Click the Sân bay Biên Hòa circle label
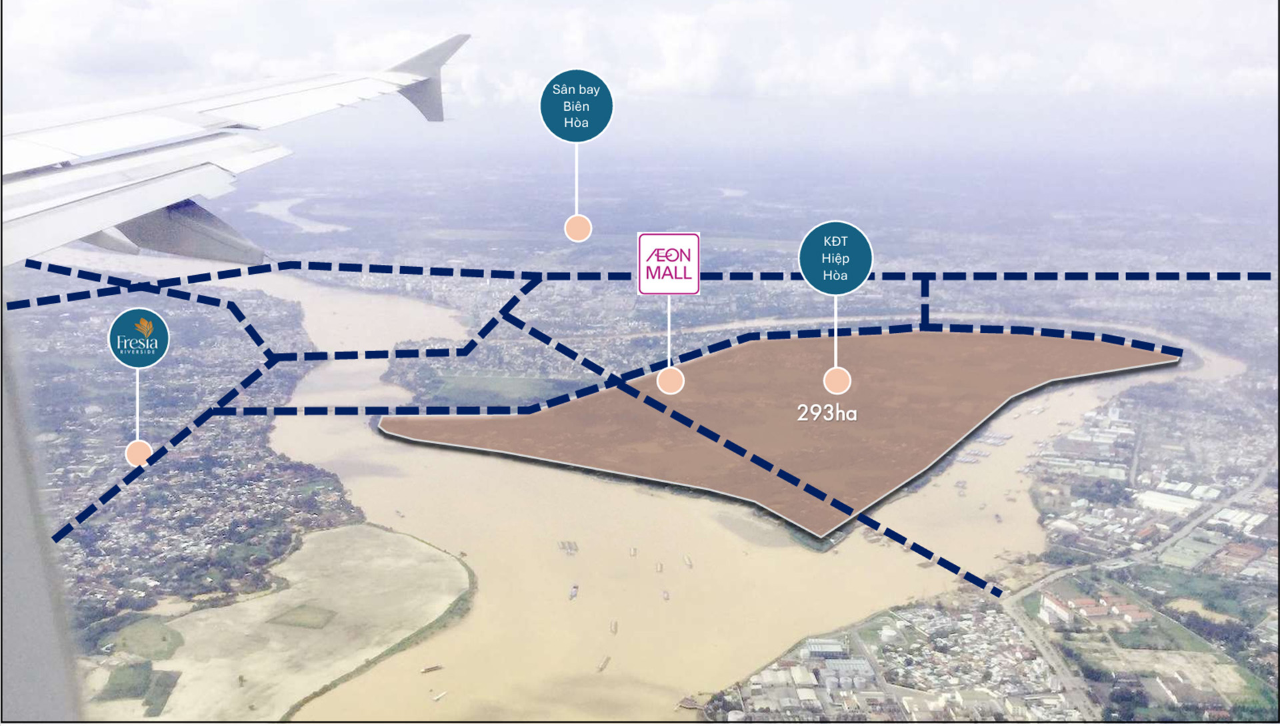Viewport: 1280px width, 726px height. coord(576,106)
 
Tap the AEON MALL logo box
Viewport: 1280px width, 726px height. coord(669,264)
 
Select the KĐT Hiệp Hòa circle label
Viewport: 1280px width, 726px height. coord(835,258)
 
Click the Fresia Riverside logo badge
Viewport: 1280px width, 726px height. coord(139,338)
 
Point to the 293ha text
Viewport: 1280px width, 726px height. coord(827,414)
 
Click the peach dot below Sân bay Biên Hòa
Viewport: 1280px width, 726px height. coord(577,228)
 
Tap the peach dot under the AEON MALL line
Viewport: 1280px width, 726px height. coord(670,380)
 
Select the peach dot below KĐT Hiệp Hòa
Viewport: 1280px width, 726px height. coord(837,380)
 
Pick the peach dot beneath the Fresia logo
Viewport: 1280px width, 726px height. coord(139,453)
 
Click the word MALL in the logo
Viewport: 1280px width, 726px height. coord(669,274)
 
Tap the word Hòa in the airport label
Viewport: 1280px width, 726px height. coord(576,123)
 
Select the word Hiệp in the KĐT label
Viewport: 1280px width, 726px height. coord(835,258)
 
